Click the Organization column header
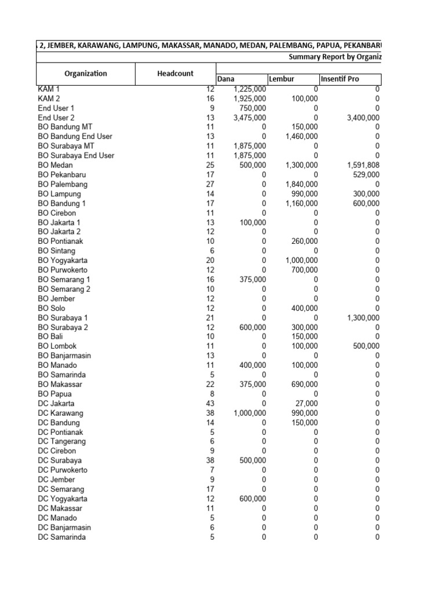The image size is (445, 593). coord(86,74)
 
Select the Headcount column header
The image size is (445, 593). coord(176,74)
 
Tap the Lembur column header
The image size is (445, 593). coord(282,79)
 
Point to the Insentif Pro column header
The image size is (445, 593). coord(340,79)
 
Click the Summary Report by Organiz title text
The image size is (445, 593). coord(335,57)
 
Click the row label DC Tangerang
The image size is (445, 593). coord(61,441)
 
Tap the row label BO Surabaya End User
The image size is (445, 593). coord(76,156)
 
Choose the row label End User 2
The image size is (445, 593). coord(56,118)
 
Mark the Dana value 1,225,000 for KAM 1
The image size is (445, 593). coord(250,89)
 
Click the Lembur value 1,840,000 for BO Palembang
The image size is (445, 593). coord(301,184)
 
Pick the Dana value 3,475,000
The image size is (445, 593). coord(250,118)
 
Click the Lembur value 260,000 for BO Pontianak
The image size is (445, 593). coord(304,241)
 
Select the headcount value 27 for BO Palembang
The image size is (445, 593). coord(209,184)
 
